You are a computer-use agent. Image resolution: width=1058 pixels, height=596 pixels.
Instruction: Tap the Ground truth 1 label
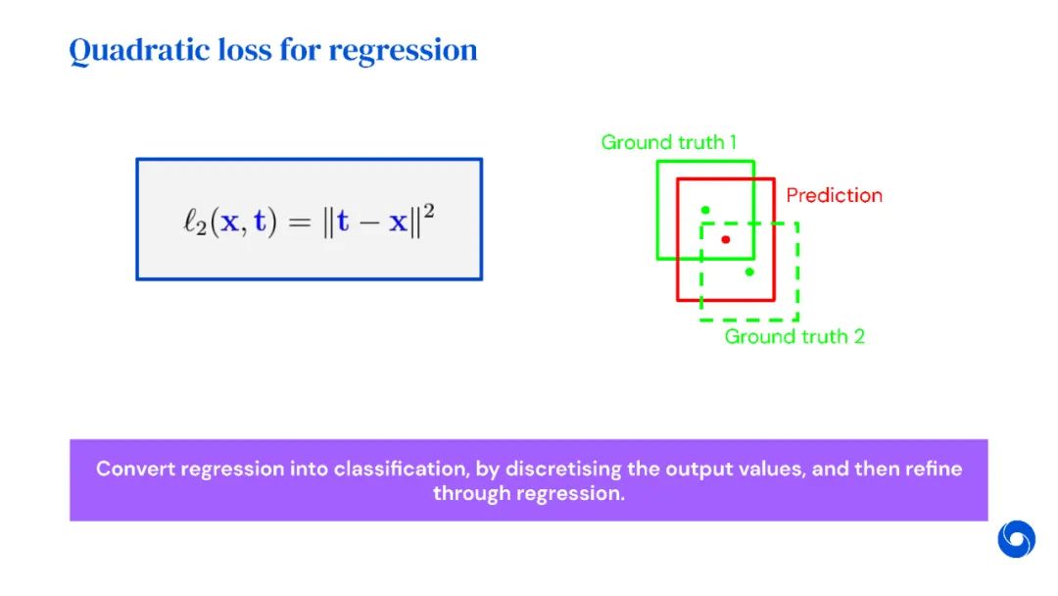pos(669,142)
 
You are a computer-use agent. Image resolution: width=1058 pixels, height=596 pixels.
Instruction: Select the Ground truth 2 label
pos(794,337)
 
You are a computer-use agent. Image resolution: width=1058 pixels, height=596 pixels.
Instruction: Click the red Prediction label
pos(834,195)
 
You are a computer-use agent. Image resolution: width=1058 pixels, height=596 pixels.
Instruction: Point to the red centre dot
pos(725,239)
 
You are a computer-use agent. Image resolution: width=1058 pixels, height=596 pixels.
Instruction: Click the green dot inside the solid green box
pos(704,210)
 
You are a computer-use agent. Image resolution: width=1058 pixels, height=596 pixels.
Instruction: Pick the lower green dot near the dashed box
pos(749,272)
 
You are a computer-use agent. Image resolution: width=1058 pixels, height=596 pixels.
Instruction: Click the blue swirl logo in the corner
pos(1016,539)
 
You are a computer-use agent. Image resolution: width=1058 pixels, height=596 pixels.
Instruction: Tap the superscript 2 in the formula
pos(428,210)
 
